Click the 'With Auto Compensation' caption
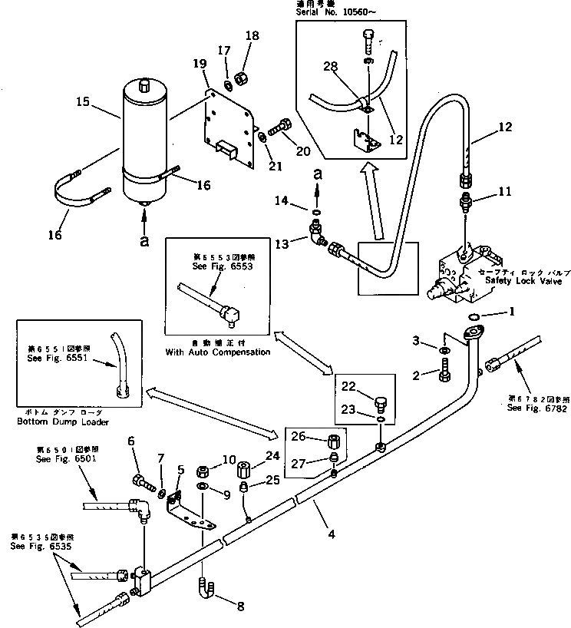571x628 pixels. pos(218,352)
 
